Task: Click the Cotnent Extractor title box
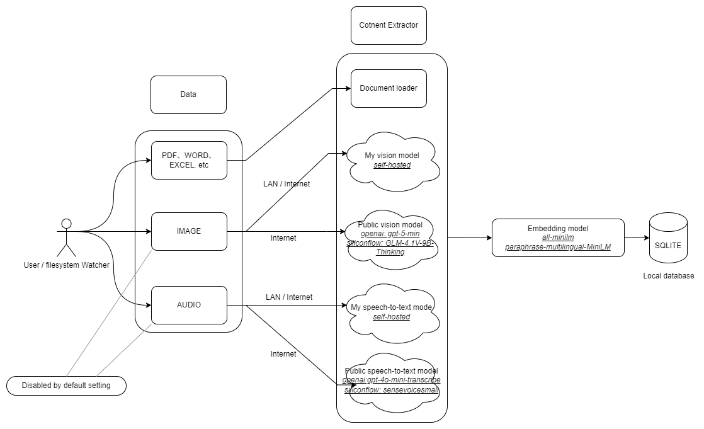pos(389,26)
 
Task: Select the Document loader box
pos(389,88)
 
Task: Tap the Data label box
pos(188,95)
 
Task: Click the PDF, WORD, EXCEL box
pos(189,160)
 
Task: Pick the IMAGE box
pos(189,231)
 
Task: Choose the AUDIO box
pos(189,305)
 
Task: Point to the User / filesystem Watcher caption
pos(66,265)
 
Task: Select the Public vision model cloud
pos(392,238)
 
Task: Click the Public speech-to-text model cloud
pos(392,381)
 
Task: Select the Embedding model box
pos(558,237)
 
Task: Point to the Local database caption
pos(668,276)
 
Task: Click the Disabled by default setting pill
pos(66,386)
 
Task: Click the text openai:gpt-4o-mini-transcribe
pos(392,380)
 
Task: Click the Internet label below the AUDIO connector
pos(283,354)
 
